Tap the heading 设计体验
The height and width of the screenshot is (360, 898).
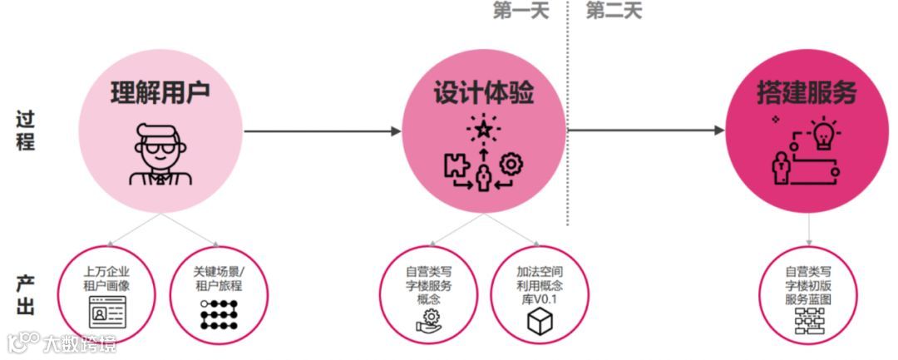coord(483,93)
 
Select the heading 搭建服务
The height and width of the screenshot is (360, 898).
coord(806,93)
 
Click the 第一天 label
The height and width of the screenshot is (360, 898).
coord(522,11)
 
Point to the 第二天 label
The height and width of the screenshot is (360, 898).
coord(614,11)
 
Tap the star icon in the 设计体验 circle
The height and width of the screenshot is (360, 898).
coord(481,129)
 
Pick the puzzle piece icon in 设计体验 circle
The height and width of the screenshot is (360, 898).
coord(455,165)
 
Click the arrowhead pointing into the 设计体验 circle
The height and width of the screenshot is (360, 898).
coord(396,131)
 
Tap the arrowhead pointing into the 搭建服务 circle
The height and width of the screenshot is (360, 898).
coord(719,131)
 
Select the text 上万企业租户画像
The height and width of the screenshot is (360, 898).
coord(107,279)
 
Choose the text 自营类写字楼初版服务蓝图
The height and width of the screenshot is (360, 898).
coord(808,285)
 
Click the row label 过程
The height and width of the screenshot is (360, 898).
coord(26,131)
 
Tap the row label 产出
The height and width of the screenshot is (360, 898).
coord(26,294)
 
